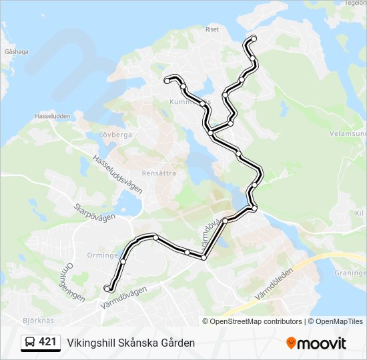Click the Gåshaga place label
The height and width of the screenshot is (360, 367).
pyautogui.click(x=16, y=51)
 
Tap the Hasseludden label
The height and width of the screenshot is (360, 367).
pyautogui.click(x=52, y=116)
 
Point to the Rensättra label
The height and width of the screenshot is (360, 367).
pyautogui.click(x=159, y=172)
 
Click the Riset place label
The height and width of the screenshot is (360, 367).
pyautogui.click(x=212, y=29)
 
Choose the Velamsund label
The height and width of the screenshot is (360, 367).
pyautogui.click(x=348, y=133)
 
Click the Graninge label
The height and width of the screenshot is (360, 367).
pyautogui.click(x=350, y=273)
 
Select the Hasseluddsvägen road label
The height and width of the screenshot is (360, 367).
pyautogui.click(x=118, y=175)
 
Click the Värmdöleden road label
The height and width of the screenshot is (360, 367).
pyautogui.click(x=274, y=283)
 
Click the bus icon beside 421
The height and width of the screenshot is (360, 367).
pyautogui.click(x=30, y=343)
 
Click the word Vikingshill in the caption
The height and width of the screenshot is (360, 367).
pyautogui.click(x=91, y=343)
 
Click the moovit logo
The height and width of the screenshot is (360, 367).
pyautogui.click(x=316, y=343)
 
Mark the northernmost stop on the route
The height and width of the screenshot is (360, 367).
pyautogui.click(x=253, y=38)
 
